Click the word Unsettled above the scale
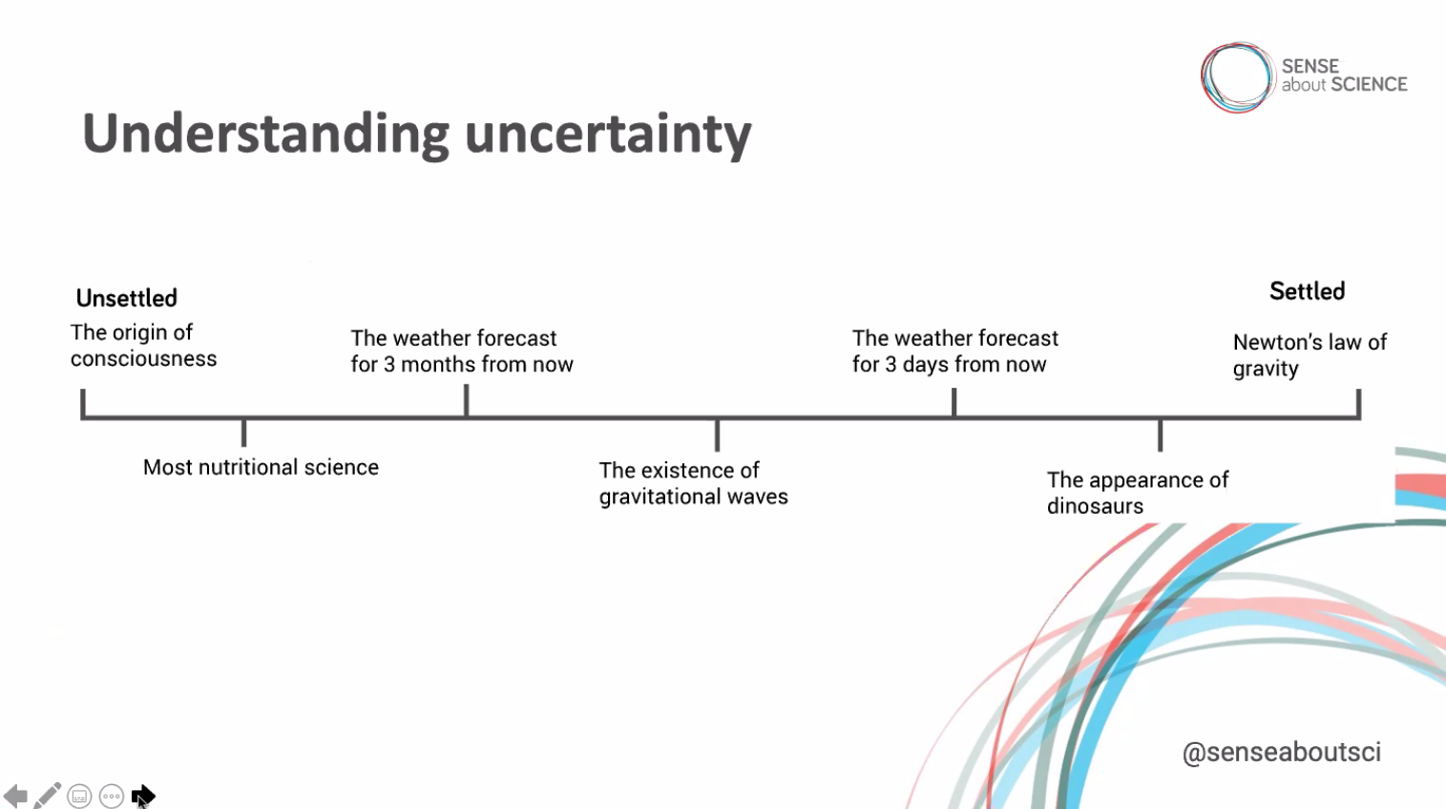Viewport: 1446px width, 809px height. click(127, 298)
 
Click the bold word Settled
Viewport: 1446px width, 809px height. click(1308, 291)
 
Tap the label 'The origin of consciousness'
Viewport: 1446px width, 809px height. click(143, 346)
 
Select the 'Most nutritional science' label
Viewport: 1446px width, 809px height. click(261, 467)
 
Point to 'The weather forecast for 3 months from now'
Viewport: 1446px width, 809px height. click(462, 351)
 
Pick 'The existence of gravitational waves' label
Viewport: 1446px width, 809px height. click(693, 483)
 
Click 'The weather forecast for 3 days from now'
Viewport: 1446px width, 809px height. click(954, 351)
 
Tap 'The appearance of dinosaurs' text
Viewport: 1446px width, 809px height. click(1138, 493)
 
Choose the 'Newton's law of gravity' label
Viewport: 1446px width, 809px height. click(1310, 355)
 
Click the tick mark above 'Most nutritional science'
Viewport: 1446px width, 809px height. click(243, 433)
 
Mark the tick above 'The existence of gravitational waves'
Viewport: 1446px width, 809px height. click(717, 435)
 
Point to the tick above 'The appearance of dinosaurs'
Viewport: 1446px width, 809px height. click(1160, 435)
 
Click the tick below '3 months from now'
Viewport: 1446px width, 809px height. click(466, 400)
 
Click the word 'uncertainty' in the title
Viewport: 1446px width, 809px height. click(607, 135)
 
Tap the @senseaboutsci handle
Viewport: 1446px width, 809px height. click(1282, 752)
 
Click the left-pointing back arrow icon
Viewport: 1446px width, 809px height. click(15, 796)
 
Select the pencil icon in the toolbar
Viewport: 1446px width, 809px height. click(47, 796)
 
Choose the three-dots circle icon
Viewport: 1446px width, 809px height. click(112, 796)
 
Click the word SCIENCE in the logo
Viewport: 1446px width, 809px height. click(1370, 85)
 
